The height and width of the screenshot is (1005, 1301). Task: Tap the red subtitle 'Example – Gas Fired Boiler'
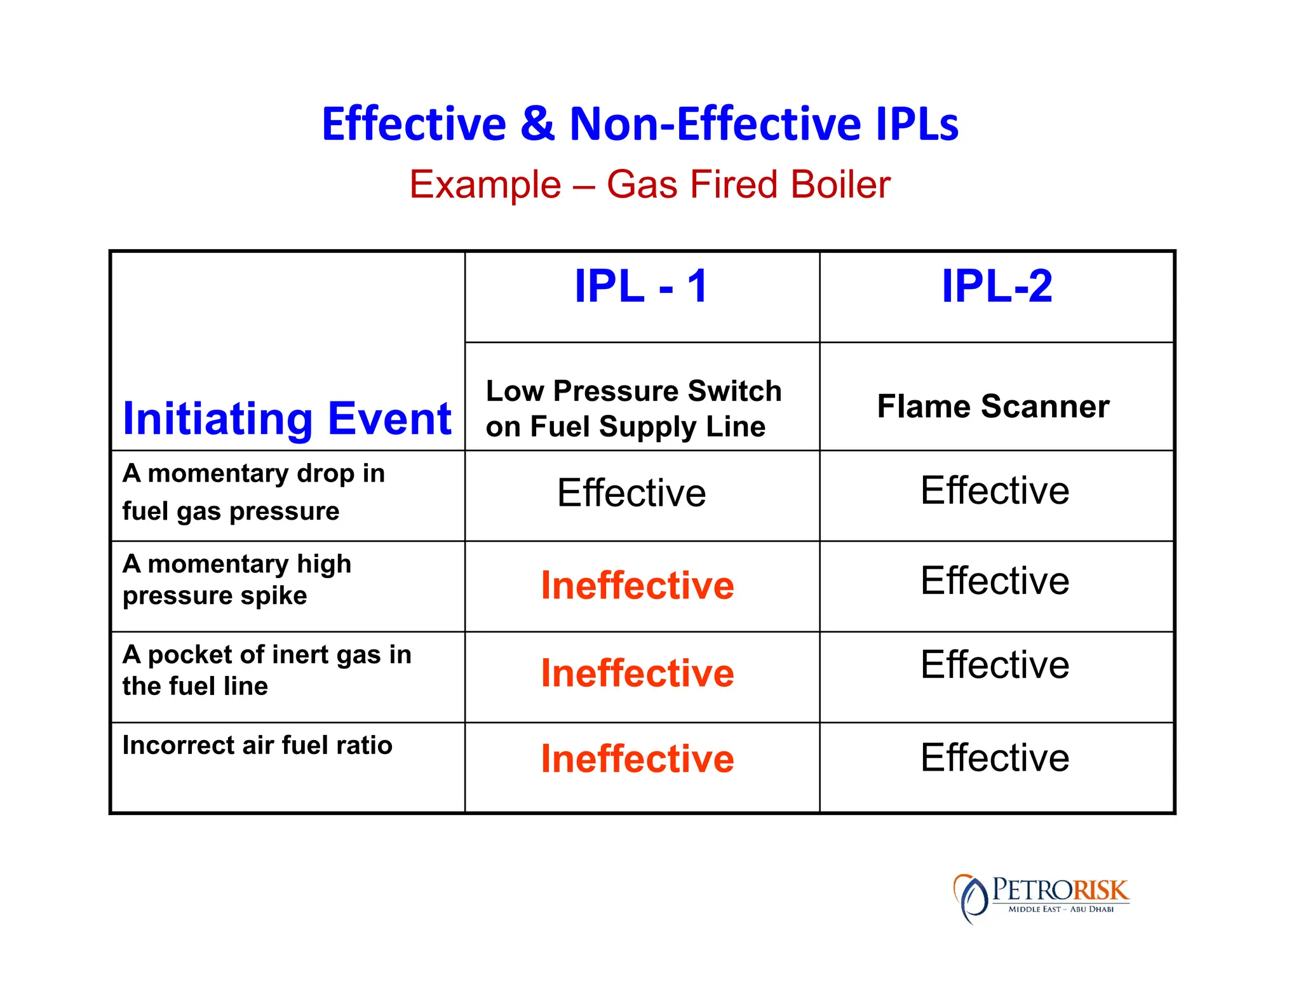[649, 185]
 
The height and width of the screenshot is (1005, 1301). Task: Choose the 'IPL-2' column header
[996, 287]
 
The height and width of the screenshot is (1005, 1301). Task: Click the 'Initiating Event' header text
[286, 419]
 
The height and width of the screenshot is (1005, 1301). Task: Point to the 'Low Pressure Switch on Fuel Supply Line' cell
[633, 408]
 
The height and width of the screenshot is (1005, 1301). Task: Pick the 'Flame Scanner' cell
[993, 407]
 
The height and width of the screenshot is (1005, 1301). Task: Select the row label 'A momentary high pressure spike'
[236, 579]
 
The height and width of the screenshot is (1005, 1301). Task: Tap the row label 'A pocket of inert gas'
[266, 670]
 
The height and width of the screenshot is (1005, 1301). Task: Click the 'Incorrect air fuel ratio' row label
[257, 745]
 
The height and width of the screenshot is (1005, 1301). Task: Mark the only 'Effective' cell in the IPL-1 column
[631, 493]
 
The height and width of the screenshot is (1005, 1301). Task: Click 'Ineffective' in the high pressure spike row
[637, 585]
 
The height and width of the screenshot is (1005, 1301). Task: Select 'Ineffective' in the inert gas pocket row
[637, 673]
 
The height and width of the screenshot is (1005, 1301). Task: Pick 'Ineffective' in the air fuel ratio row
[637, 759]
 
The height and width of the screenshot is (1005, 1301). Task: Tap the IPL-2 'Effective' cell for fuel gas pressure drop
[995, 491]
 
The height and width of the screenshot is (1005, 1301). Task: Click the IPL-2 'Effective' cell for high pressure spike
[995, 581]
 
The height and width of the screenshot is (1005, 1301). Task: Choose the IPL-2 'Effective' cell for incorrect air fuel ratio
[995, 757]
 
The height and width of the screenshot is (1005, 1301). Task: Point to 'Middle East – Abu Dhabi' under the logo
[1061, 909]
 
